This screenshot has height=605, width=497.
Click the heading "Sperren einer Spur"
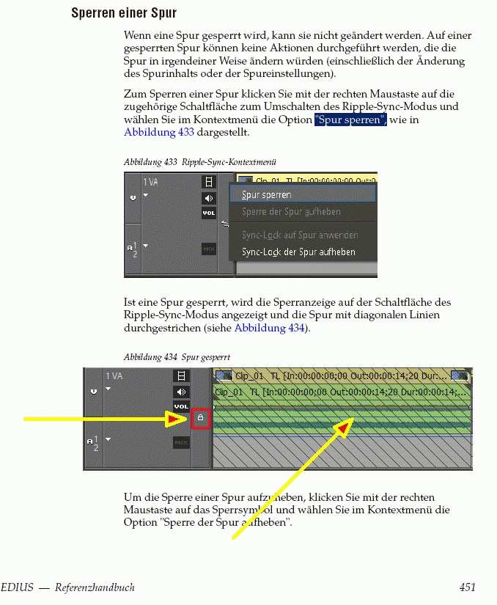[x=124, y=13]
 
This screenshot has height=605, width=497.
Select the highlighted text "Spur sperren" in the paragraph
[x=350, y=120]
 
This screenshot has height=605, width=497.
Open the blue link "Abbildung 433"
[x=159, y=132]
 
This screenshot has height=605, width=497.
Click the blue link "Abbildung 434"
[x=269, y=327]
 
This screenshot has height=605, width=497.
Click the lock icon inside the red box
[x=201, y=419]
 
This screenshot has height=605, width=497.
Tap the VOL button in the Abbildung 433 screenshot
[x=209, y=213]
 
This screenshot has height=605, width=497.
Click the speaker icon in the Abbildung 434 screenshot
[x=181, y=392]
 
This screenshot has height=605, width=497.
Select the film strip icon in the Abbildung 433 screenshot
[x=209, y=182]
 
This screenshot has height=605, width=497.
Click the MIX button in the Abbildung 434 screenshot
[x=181, y=442]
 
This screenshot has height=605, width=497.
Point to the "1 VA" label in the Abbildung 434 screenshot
[x=114, y=376]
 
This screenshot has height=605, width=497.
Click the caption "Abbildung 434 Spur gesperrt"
[x=177, y=357]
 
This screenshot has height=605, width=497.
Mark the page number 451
[x=468, y=587]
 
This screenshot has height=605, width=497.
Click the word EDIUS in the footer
[x=15, y=587]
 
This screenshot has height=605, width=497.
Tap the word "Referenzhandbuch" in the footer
[x=95, y=587]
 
